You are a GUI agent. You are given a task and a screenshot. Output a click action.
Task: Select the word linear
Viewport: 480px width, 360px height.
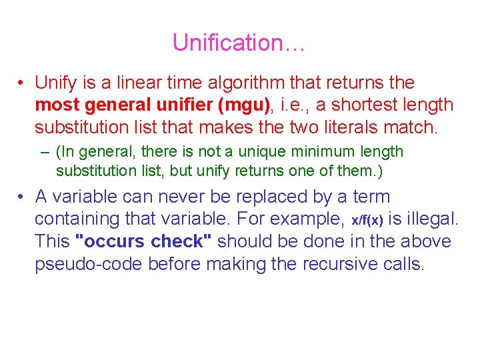(137, 83)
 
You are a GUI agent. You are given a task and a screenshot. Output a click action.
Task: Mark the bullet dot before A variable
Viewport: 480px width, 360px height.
(23, 197)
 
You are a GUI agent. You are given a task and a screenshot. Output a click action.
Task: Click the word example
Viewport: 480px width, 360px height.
(307, 219)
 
